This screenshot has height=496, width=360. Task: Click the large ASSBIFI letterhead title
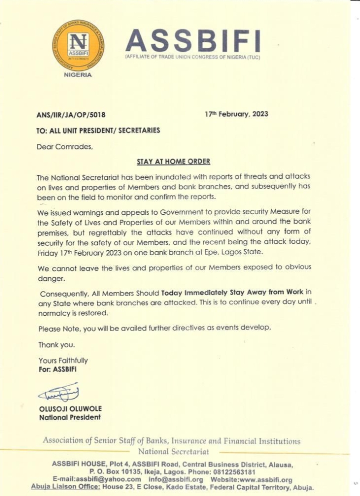point(192,41)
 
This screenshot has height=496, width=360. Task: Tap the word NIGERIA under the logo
point(78,74)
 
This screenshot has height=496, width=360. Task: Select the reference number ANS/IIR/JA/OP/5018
point(71,115)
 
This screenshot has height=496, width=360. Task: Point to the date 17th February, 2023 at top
point(236,114)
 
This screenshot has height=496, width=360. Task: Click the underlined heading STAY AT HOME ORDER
point(173,161)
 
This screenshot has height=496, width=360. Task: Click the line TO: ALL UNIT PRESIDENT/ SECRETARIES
point(98,130)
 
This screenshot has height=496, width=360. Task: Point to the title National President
point(69,417)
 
